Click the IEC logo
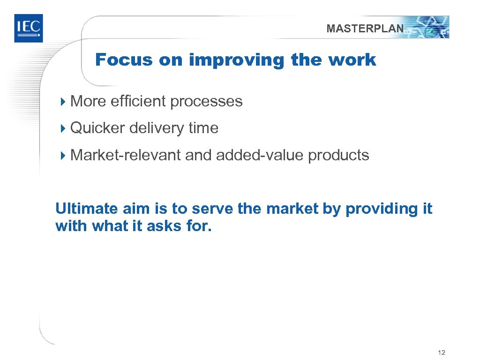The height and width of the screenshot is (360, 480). [x=28, y=28]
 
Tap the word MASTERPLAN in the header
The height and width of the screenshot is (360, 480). [x=365, y=29]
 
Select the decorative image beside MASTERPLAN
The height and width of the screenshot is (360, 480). [x=427, y=27]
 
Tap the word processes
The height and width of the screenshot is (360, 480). [x=206, y=102]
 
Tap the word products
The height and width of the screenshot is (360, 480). [x=338, y=155]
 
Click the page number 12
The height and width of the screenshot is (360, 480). [x=441, y=352]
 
